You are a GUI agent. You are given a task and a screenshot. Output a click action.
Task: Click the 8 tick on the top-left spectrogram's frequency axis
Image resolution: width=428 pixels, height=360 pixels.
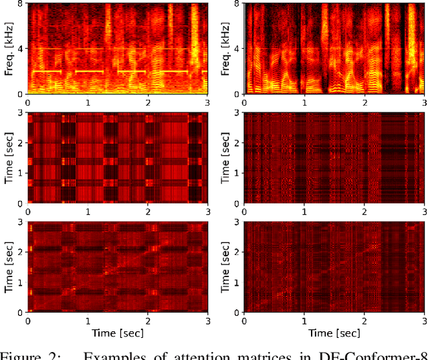21,4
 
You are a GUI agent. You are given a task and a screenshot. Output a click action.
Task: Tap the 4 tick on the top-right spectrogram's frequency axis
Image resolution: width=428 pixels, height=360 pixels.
239,48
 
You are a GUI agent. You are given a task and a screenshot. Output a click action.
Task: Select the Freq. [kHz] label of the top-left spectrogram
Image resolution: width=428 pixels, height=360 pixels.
9,48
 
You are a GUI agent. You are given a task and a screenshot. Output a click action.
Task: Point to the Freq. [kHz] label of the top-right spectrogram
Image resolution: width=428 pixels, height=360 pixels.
227,48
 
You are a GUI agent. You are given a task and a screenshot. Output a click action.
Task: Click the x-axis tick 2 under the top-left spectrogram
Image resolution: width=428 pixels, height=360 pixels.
147,103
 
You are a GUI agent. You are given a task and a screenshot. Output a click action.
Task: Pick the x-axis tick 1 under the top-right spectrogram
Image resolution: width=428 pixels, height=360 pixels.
304,103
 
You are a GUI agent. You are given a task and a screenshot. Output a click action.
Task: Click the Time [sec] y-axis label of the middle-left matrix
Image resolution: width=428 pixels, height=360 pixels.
9,158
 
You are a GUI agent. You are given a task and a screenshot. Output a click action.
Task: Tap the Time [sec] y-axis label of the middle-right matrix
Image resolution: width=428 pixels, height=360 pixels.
227,158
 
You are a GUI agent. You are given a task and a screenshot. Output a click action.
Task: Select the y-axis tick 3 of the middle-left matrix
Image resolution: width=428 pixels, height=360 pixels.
21,114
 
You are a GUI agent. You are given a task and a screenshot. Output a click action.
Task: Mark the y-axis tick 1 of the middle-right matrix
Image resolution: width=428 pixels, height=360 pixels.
239,173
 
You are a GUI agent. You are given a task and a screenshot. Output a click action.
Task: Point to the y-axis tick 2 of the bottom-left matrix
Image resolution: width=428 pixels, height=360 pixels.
21,252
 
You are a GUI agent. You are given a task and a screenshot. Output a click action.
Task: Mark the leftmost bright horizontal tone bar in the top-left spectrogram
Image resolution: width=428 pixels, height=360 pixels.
46,71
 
